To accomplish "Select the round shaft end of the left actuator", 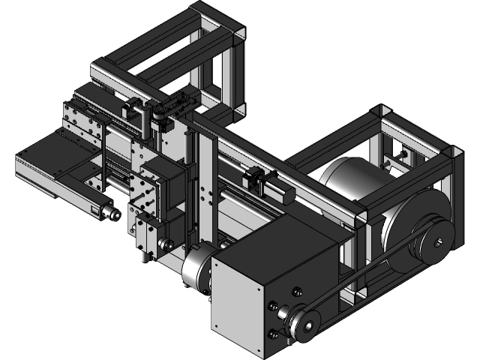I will click(x=112, y=215).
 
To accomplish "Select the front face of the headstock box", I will click(x=240, y=300).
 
